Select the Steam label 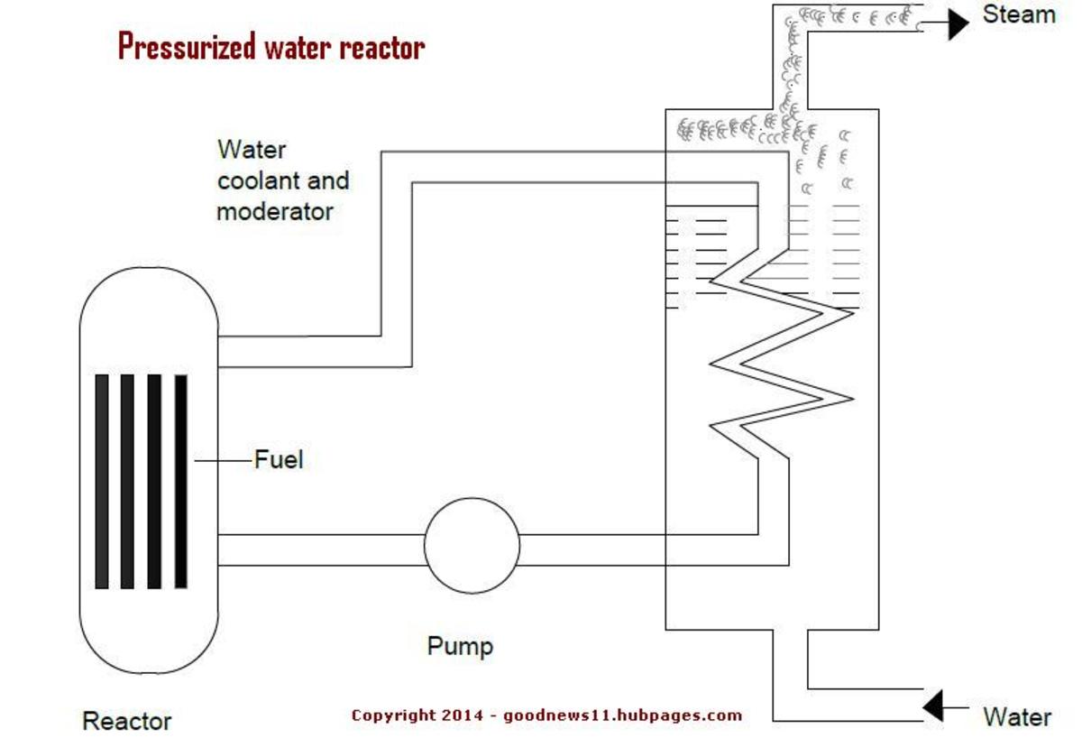pos(1018,14)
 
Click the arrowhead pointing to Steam pos(956,23)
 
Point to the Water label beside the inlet pos(1016,717)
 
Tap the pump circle pos(472,546)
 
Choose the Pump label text pos(460,646)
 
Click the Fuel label pos(279,459)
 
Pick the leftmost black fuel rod pos(102,482)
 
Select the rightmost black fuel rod pos(180,482)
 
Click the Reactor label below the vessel pos(126,721)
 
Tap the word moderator pos(275,211)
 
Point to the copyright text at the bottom pos(546,715)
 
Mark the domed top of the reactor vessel pos(149,289)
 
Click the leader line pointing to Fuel pos(221,460)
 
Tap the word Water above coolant pos(252,149)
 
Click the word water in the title pos(298,46)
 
